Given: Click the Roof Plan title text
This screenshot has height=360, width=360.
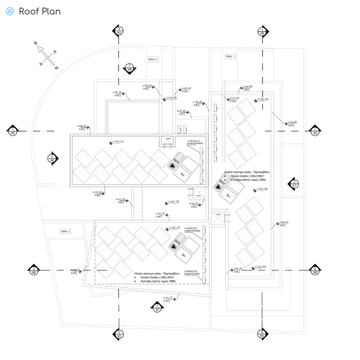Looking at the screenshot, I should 40,11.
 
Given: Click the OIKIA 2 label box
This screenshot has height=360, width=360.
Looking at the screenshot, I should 154,60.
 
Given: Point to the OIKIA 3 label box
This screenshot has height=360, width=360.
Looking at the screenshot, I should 66,232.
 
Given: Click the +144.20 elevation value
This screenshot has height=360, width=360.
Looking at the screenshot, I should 119,142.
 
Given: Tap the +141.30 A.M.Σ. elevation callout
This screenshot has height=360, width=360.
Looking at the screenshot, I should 117,93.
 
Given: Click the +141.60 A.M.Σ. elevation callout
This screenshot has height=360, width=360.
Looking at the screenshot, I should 182,112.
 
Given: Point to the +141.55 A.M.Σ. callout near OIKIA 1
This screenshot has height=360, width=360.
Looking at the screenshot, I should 234,99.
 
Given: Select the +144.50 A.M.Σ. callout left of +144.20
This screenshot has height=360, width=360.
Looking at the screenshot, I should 82,127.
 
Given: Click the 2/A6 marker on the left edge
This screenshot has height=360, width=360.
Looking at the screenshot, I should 33,270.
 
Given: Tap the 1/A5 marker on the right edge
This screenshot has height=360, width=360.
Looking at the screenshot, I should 315,131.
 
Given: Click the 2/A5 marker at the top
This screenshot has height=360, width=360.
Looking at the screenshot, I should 119,31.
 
